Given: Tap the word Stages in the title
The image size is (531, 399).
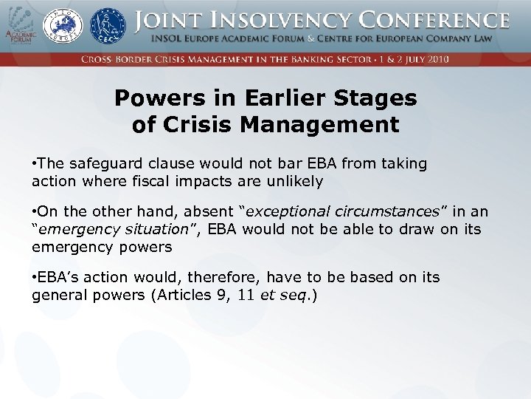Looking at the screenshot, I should pyautogui.click(x=367, y=98).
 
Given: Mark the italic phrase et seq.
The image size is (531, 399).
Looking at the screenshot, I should pyautogui.click(x=276, y=296).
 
